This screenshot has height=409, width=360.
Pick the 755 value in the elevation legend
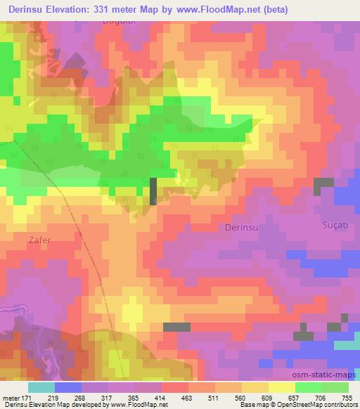(347, 397)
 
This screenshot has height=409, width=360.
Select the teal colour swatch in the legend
(41, 387)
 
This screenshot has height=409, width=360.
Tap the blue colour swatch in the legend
(68, 387)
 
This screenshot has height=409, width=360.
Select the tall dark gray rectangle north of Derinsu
(153, 190)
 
